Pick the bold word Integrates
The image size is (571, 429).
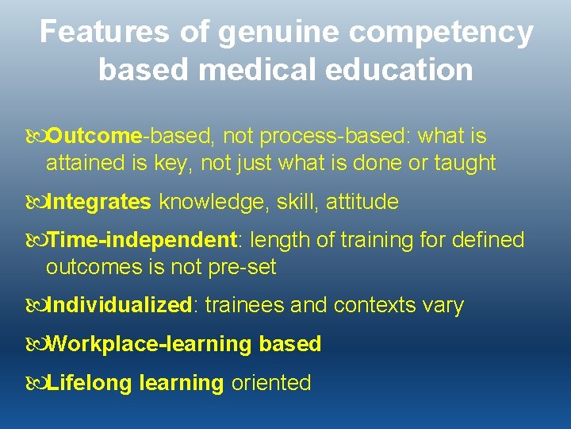pos(99,203)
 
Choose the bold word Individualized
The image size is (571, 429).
pos(120,305)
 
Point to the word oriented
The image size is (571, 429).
pos(271,383)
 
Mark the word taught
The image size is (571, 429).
pos(466,164)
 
